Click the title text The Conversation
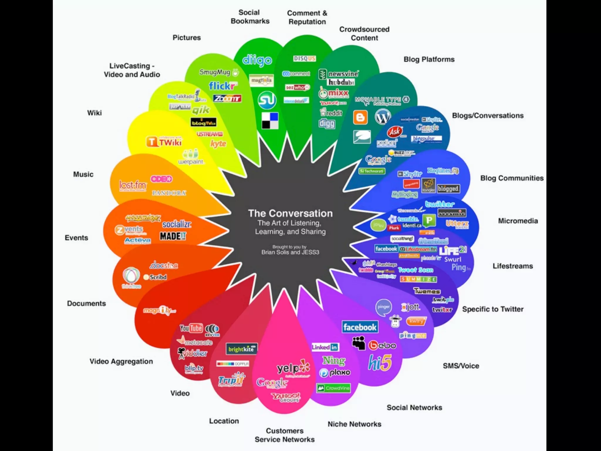(x=290, y=213)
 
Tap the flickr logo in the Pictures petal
(x=222, y=86)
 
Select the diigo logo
(x=257, y=60)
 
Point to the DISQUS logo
(x=304, y=58)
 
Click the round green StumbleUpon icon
(x=267, y=100)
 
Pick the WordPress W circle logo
(x=383, y=117)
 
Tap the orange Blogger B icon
(x=360, y=117)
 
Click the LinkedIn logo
(x=325, y=347)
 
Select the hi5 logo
(x=380, y=363)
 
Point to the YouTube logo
(x=191, y=328)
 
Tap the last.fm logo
(x=133, y=185)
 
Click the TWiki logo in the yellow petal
(x=164, y=142)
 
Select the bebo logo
(x=382, y=345)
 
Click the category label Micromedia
(x=518, y=221)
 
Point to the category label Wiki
(x=94, y=113)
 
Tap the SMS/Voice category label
(x=461, y=366)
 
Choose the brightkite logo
(x=242, y=349)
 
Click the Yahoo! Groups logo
(x=286, y=397)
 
